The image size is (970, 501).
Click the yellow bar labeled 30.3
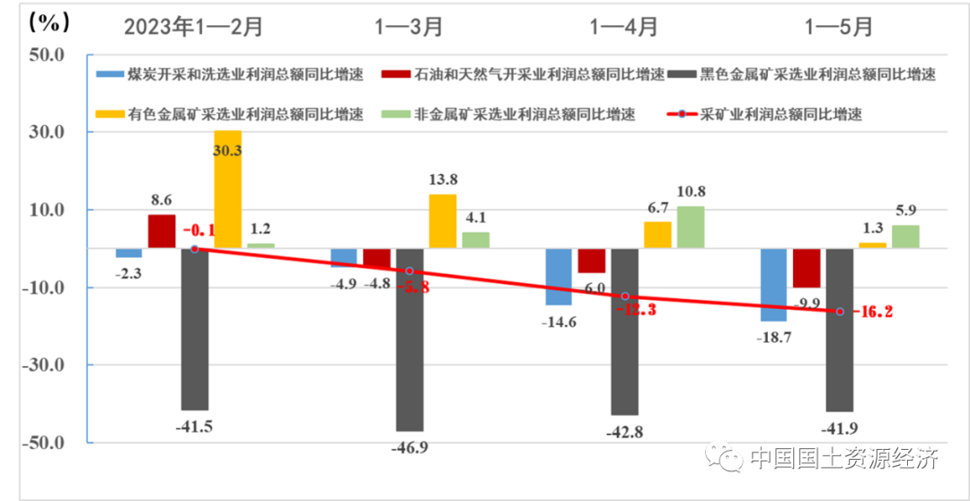pyautogui.click(x=227, y=189)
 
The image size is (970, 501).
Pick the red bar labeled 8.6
pyautogui.click(x=162, y=231)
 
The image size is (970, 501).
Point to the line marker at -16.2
pyautogui.click(x=841, y=311)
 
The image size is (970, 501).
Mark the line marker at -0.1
pyautogui.click(x=195, y=249)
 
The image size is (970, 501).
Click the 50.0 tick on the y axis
pyautogui.click(x=47, y=55)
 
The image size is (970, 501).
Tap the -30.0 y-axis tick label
pyautogui.click(x=45, y=365)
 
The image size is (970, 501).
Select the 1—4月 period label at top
pyautogui.click(x=623, y=26)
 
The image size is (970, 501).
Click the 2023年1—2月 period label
pyautogui.click(x=193, y=26)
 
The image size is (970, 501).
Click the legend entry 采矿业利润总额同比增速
pyautogui.click(x=767, y=115)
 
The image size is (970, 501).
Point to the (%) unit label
pyautogui.click(x=40, y=20)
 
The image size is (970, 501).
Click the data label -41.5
pyautogui.click(x=193, y=426)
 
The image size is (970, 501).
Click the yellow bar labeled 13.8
pyautogui.click(x=442, y=221)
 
